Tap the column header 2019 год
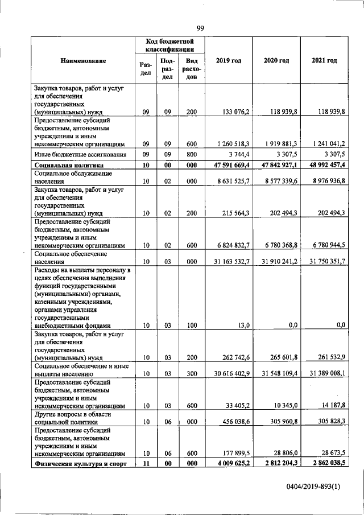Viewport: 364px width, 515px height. point(229,60)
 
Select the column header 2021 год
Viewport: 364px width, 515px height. point(324,60)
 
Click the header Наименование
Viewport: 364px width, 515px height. point(83,60)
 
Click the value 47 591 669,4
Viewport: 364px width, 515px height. point(229,165)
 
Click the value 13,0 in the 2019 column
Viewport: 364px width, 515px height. point(242,325)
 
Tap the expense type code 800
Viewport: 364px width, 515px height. point(191,155)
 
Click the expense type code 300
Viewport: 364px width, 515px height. point(191,374)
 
